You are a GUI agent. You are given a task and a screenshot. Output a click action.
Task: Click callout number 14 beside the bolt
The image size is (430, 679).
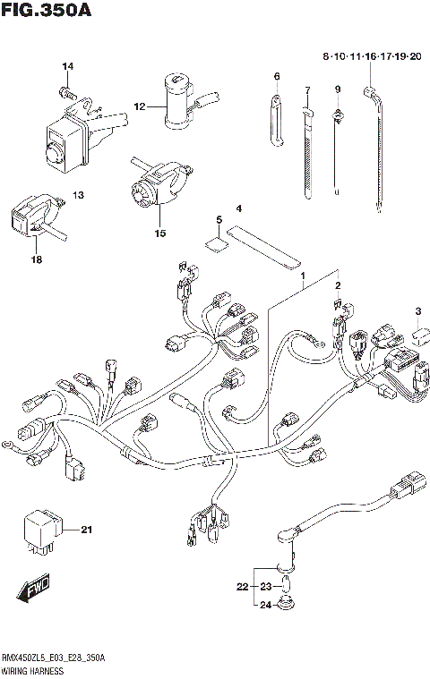[x=67, y=67]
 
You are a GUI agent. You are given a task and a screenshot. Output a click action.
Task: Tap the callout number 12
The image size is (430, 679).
[x=139, y=107]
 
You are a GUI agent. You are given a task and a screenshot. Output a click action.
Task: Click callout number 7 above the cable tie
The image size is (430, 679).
[x=306, y=90]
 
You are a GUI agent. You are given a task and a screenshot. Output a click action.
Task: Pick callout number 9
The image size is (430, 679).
[x=338, y=89]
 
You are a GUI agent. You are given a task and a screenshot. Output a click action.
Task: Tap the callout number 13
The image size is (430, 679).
[x=78, y=195]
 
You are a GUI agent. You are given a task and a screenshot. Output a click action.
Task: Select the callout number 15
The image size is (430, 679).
[x=160, y=233]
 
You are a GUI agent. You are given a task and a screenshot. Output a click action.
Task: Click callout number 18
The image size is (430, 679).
[x=37, y=259]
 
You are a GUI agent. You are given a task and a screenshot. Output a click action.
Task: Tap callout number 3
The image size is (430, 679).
[x=417, y=310]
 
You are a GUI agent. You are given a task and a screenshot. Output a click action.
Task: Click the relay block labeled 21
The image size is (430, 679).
[x=42, y=530]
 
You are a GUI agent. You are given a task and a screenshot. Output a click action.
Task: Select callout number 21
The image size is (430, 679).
[x=87, y=530]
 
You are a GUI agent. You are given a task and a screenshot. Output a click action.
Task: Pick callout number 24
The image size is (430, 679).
[x=265, y=605]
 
